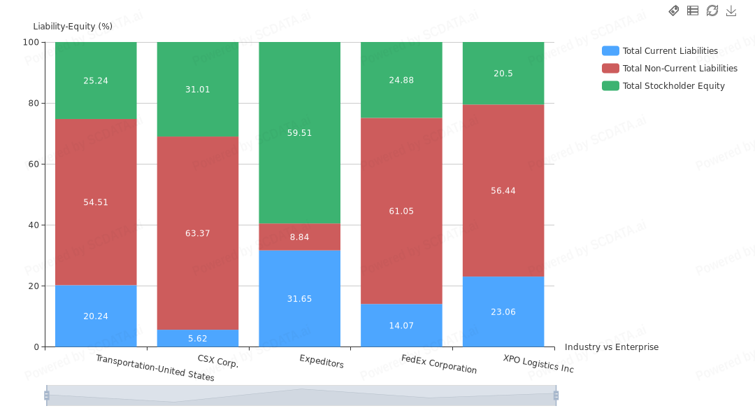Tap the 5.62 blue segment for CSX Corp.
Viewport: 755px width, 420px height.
pyautogui.click(x=198, y=338)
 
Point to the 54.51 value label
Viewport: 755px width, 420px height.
pyautogui.click(x=96, y=202)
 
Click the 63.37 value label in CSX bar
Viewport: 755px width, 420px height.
pyautogui.click(x=198, y=233)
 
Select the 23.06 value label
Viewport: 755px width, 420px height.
pyautogui.click(x=503, y=311)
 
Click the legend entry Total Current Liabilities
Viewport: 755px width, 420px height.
pyautogui.click(x=670, y=51)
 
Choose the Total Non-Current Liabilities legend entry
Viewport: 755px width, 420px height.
pyautogui.click(x=679, y=69)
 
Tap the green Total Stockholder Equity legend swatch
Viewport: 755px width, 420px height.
pyautogui.click(x=610, y=86)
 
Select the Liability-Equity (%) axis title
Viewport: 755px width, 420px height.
pyautogui.click(x=73, y=27)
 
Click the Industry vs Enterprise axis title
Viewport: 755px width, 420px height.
pyautogui.click(x=611, y=347)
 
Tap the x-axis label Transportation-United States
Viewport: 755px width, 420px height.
pyautogui.click(x=155, y=367)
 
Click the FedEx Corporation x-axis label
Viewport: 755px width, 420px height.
pyautogui.click(x=439, y=364)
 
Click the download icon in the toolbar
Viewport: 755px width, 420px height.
pyautogui.click(x=731, y=10)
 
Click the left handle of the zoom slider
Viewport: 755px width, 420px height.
pyautogui.click(x=47, y=395)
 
